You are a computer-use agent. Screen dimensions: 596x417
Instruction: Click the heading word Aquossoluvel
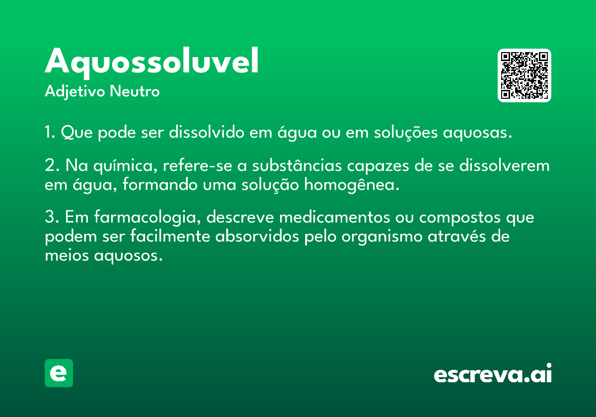151,63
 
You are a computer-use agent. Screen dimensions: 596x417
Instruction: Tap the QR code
524,75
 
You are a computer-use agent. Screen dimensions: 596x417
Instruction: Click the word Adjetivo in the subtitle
75,91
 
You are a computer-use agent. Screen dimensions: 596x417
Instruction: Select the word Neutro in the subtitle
135,91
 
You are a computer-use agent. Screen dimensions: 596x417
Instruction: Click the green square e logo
59,373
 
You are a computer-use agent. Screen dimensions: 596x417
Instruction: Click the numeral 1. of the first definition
50,132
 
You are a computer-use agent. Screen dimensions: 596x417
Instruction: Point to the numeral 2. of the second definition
52,165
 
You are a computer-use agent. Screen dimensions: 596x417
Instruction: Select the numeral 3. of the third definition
52,217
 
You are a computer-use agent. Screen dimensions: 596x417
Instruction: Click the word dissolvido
207,132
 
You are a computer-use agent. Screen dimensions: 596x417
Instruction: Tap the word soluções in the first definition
406,133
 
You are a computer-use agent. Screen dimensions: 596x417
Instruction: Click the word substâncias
297,165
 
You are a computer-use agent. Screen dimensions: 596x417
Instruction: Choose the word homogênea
352,185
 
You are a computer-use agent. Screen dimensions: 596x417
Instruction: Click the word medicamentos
335,217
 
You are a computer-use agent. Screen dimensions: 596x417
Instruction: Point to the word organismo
382,237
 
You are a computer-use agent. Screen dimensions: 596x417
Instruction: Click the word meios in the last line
67,255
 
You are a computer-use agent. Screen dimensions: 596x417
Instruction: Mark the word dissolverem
505,165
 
